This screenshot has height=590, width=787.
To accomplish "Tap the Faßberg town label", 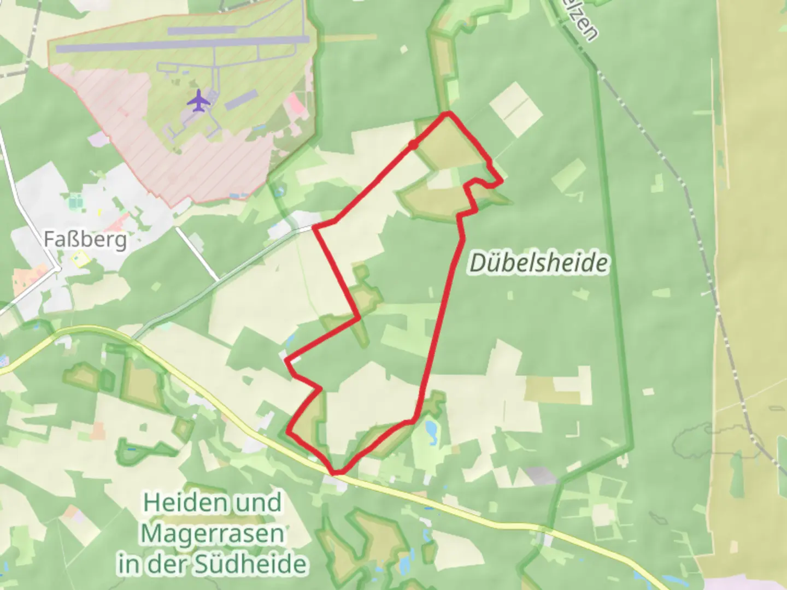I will (x=85, y=239).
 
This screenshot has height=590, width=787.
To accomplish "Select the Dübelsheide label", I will (x=538, y=263).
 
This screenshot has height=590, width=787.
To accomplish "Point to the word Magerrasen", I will (x=213, y=534).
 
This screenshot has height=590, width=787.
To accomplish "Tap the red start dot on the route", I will (x=413, y=144).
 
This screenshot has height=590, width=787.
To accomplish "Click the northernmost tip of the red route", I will (x=449, y=113).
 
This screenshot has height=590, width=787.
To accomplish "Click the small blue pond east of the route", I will (x=431, y=430).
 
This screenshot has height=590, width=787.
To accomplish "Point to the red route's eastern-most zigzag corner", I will (x=501, y=179).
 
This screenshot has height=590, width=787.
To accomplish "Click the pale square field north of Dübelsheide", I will (x=515, y=109).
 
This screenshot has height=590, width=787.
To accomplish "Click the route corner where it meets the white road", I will (x=315, y=227).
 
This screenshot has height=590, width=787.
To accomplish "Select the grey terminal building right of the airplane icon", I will (x=240, y=99).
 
